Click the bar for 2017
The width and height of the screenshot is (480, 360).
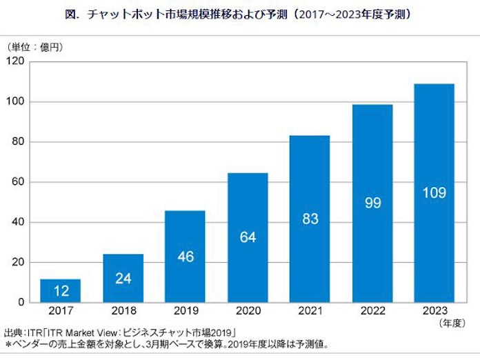point(60,290)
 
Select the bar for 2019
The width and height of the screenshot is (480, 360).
point(185,257)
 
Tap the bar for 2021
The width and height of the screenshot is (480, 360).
point(310,219)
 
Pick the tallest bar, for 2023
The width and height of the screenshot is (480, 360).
point(434,193)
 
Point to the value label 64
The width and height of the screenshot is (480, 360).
point(248,237)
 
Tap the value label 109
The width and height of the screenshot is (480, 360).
point(434,192)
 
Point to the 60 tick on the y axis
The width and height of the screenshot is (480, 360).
point(19,182)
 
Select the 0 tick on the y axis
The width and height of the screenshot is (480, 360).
point(22,302)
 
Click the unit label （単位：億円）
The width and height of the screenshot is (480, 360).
point(34,47)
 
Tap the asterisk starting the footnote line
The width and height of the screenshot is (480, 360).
point(8,344)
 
